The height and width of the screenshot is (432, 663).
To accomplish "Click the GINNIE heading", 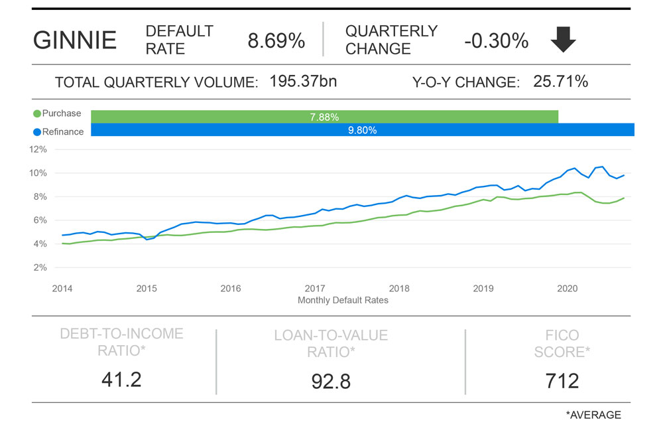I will click(75, 41).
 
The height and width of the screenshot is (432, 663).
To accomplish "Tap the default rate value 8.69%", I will click(276, 41).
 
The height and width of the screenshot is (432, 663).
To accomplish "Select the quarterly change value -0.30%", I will click(496, 41).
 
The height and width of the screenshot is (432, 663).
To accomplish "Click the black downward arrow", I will click(564, 41).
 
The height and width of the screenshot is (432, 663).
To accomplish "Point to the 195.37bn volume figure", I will click(303, 82).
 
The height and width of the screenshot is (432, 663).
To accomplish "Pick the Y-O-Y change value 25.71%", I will click(560, 82).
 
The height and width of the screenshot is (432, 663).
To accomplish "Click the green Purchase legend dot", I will click(37, 113).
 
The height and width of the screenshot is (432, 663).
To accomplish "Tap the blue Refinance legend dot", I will click(37, 131).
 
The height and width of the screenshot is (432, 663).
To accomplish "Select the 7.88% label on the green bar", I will click(324, 117).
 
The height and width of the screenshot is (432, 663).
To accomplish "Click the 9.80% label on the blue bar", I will click(362, 130).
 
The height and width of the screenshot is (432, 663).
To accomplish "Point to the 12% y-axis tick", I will click(38, 149).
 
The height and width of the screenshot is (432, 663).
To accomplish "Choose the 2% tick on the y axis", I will click(40, 267).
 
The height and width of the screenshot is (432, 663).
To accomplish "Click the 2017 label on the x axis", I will click(315, 289).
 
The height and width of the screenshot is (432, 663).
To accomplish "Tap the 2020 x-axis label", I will click(567, 289).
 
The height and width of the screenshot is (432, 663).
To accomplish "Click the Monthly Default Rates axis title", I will click(343, 300).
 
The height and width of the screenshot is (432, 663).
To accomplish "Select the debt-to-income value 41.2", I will click(121, 379).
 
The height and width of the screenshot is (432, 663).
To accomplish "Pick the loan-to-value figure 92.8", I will click(331, 381).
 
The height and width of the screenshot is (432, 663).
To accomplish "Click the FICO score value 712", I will click(562, 380).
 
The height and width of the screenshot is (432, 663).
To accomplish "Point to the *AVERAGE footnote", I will click(593, 415).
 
